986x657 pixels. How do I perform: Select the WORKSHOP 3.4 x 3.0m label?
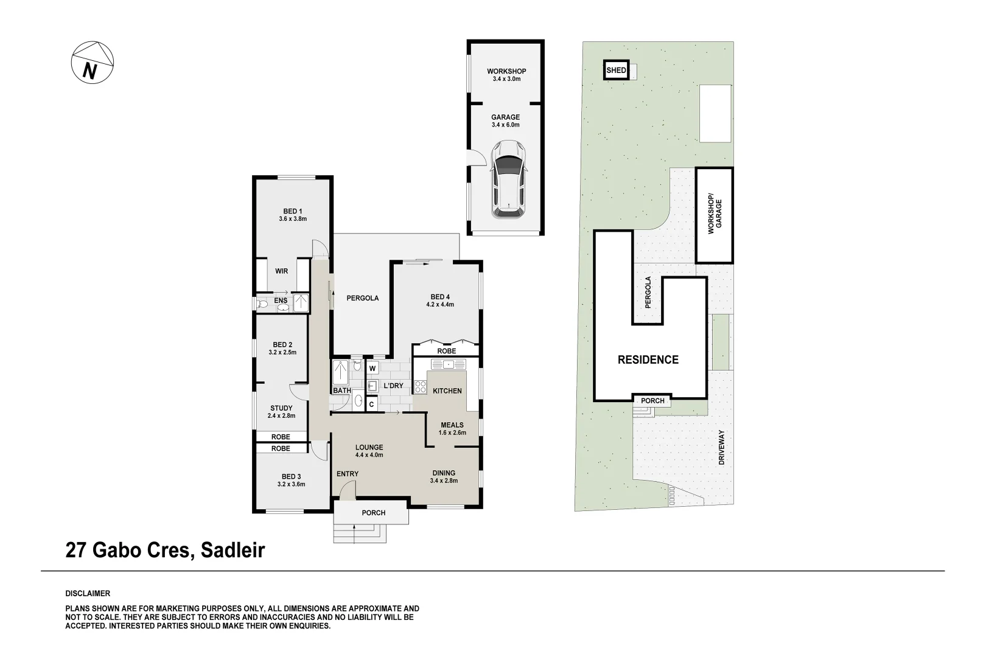pyautogui.click(x=506, y=75)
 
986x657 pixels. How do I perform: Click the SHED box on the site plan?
pyautogui.click(x=616, y=71)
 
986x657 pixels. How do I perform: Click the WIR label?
pyautogui.click(x=281, y=271)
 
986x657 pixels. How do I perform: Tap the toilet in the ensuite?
pyautogui.click(x=263, y=304)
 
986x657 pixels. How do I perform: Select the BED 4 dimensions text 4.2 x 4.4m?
pyautogui.click(x=441, y=305)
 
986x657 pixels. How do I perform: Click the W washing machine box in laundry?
pyautogui.click(x=372, y=368)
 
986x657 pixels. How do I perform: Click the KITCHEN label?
pyautogui.click(x=447, y=391)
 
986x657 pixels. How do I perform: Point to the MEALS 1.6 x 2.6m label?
pyautogui.click(x=452, y=429)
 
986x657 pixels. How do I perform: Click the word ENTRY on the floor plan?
pyautogui.click(x=347, y=474)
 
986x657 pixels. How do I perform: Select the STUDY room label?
pyautogui.click(x=281, y=412)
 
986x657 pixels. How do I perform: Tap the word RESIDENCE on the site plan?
pyautogui.click(x=648, y=360)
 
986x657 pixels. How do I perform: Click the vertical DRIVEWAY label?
pyautogui.click(x=722, y=448)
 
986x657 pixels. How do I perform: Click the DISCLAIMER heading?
pyautogui.click(x=88, y=593)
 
